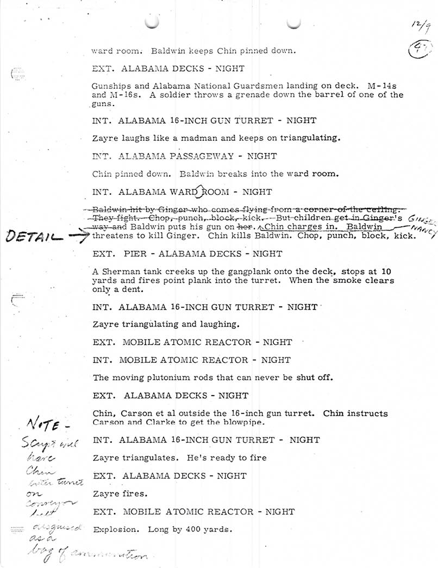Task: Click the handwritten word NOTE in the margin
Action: [53, 424]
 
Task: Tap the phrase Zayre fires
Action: [120, 494]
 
